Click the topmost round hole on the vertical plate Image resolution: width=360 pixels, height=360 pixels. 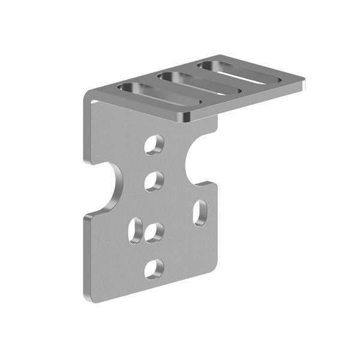pos(154,145)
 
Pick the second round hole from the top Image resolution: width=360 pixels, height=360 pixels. pos(154,181)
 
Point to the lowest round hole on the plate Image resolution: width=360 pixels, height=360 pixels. pos(154,268)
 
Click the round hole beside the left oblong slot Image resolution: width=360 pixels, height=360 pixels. pos(154,232)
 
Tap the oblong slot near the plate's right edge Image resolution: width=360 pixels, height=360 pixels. pos(200,212)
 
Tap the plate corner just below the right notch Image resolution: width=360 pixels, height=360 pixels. pos(212,185)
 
